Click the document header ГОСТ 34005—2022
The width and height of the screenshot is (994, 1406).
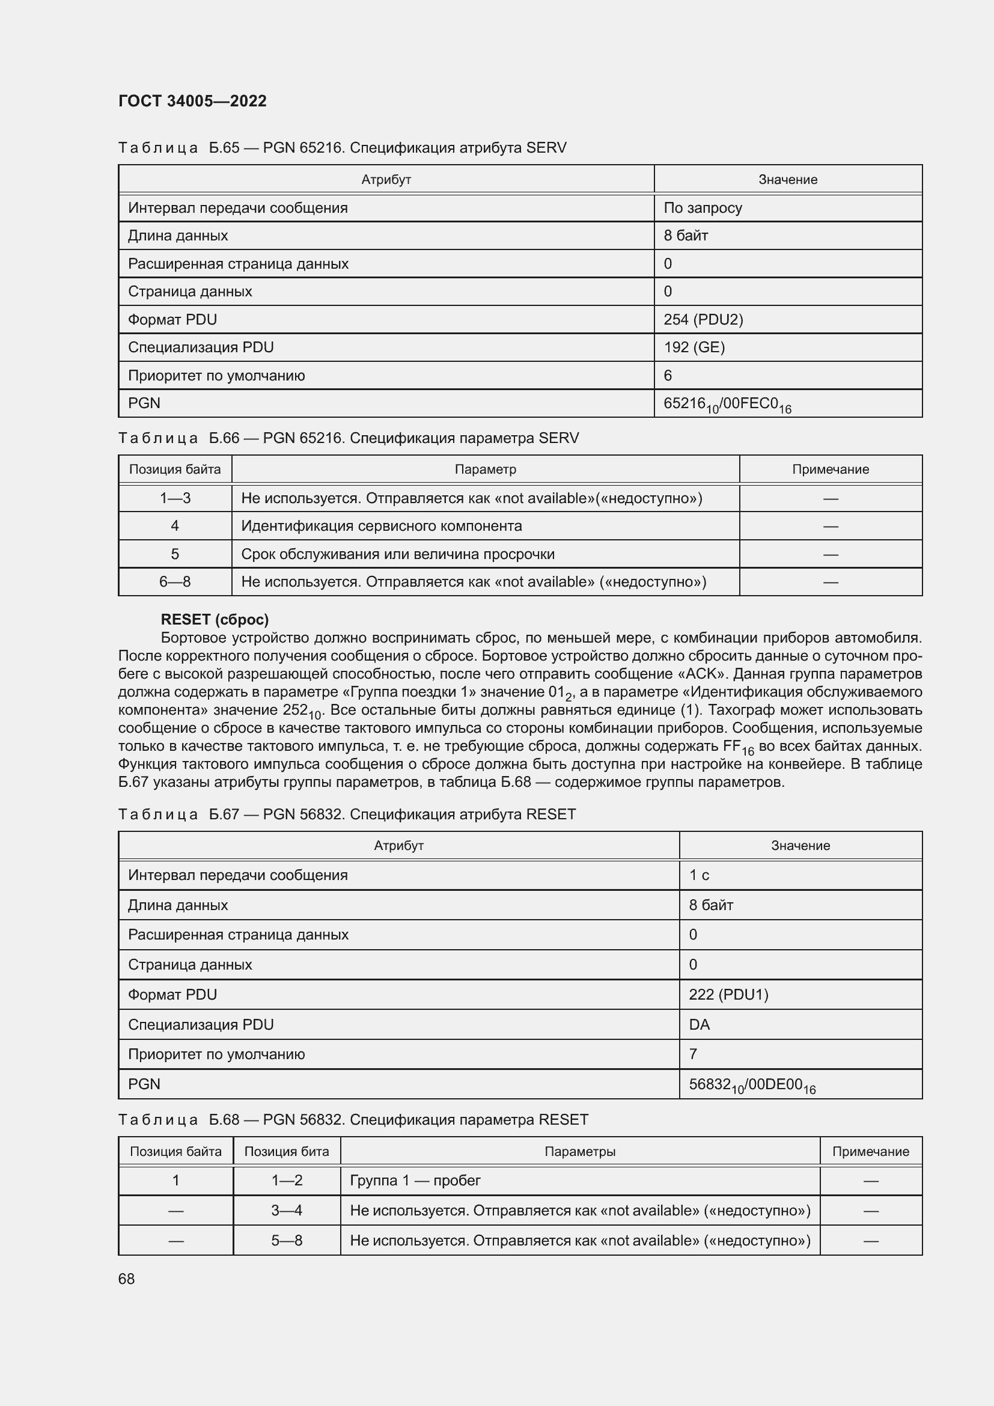click(x=192, y=101)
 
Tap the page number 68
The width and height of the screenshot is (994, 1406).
click(x=126, y=1279)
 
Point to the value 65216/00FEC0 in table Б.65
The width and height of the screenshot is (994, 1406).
click(x=727, y=404)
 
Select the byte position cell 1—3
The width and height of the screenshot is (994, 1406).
click(x=175, y=498)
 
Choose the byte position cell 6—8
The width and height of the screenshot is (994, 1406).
click(x=175, y=582)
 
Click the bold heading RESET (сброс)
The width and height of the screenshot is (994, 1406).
click(x=215, y=620)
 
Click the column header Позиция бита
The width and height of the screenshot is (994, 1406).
click(x=287, y=1151)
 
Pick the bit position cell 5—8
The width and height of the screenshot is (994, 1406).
click(x=287, y=1241)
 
